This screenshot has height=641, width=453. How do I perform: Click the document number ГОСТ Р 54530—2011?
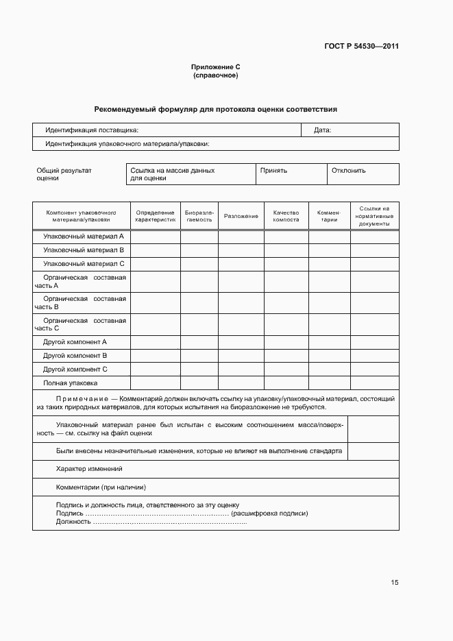361,47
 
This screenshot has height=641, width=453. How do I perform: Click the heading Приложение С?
216,66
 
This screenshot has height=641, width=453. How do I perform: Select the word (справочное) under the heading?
216,75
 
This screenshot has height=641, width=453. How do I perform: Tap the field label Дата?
322,130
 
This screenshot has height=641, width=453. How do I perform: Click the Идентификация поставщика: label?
92,130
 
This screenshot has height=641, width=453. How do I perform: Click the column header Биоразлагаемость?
199,216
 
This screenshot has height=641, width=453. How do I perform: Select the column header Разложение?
241,216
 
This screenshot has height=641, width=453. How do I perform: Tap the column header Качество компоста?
286,216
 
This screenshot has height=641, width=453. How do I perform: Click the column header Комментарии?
329,216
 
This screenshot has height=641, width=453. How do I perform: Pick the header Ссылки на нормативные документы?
374,216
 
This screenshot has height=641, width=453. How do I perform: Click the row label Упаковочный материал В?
83,250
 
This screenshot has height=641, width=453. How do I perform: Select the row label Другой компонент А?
75,341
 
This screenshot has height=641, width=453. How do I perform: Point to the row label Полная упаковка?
71,383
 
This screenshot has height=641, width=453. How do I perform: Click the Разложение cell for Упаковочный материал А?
241,237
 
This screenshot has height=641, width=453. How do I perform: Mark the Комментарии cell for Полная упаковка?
329,383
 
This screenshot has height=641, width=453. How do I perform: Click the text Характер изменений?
89,469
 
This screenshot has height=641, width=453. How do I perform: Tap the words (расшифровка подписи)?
270,513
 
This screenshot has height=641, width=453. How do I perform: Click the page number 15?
394,583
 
